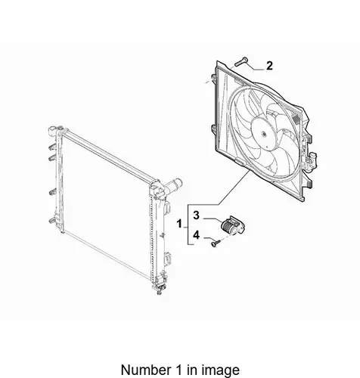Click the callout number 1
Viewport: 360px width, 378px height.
click(x=179, y=224)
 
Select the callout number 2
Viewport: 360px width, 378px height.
click(x=269, y=66)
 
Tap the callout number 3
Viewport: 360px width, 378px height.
click(x=197, y=215)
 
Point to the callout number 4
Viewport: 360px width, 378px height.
click(x=197, y=235)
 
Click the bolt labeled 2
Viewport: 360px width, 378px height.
click(x=241, y=62)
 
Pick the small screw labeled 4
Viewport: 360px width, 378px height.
click(x=216, y=243)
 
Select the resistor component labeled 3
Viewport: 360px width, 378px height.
click(x=232, y=226)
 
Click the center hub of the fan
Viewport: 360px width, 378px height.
click(x=264, y=134)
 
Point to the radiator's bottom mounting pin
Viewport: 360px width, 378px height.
click(x=159, y=293)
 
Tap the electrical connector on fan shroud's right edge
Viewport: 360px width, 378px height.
click(x=312, y=160)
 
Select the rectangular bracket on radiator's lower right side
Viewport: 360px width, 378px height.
click(x=167, y=259)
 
